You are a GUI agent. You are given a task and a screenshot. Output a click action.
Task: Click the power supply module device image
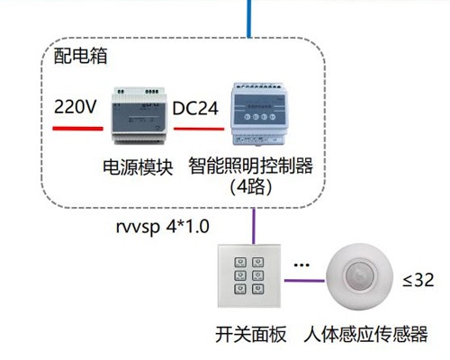tap(137, 116)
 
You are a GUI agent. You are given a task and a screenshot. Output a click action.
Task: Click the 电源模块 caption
tap(138, 167)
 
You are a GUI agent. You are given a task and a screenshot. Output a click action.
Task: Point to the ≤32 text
tap(418, 280)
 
